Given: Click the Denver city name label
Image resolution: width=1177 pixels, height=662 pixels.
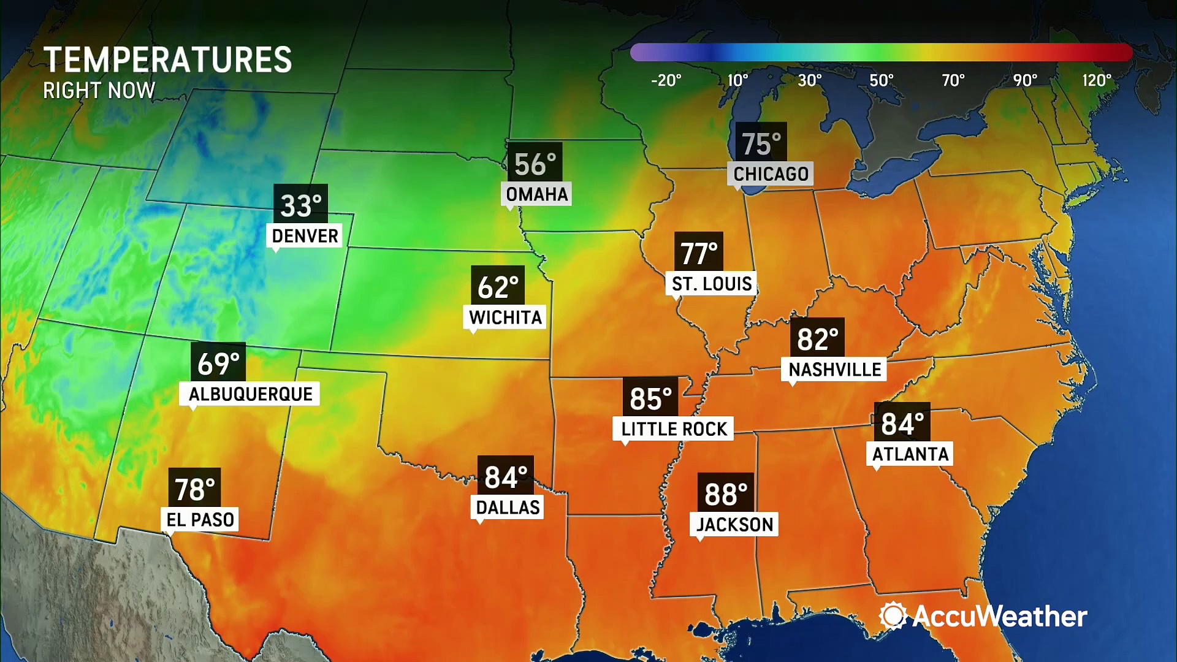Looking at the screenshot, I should point(305,236).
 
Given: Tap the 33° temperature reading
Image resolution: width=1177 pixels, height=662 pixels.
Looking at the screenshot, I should point(300,205).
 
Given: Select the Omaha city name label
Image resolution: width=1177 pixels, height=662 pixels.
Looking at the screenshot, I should point(536,194).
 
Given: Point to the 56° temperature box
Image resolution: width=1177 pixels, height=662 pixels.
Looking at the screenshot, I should point(535,164).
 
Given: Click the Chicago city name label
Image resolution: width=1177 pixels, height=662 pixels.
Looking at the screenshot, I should point(771,174).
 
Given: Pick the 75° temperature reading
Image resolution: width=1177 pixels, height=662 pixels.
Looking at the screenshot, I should point(761,144).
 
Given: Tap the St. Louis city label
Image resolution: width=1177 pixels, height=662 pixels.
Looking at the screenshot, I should point(711,284).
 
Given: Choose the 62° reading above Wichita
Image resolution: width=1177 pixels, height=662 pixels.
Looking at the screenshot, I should point(498,286).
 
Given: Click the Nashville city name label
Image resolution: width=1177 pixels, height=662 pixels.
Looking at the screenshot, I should point(834,370).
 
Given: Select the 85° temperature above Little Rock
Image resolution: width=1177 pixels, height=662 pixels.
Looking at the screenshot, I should point(650,398).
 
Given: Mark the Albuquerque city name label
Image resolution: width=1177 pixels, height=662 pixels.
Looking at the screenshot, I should point(250,394).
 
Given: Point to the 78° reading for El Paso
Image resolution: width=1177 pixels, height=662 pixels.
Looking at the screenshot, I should point(195,489).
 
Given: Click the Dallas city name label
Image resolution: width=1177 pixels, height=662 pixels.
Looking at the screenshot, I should point(508,508).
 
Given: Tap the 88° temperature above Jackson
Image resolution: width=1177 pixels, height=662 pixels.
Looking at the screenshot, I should point(726,494).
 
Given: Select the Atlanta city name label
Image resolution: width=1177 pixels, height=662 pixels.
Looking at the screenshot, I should point(910,454).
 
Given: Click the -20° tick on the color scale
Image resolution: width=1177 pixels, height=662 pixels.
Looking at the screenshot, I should point(666,80).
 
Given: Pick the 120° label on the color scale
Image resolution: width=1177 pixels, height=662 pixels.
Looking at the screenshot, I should point(1097,80).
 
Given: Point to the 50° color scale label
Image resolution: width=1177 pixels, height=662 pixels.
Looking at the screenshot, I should point(882,80).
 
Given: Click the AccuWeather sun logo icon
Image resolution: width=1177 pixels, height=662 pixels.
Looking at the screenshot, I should point(893,615).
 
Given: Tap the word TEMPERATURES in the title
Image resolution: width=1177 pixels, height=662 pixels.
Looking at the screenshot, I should point(167,60).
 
